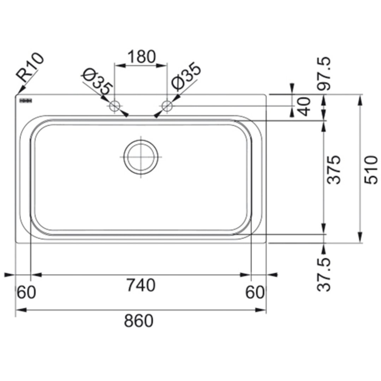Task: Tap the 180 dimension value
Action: pos(141,56)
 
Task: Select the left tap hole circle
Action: pos(114,106)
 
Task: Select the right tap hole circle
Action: pos(167,106)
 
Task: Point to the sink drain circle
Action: pos(141,157)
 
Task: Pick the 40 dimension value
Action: pos(304,106)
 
